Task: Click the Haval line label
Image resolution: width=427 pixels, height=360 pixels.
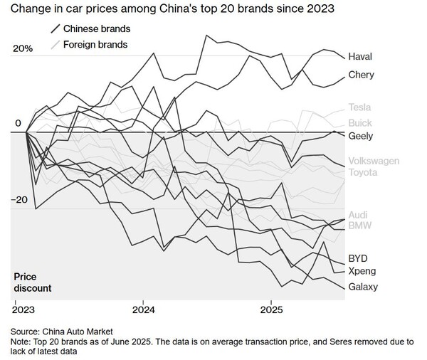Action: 360,56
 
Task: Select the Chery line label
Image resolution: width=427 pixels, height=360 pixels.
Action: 361,75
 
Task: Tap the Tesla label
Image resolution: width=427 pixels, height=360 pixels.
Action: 359,107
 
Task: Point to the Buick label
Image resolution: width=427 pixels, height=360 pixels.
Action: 359,123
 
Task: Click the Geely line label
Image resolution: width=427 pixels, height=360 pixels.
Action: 360,135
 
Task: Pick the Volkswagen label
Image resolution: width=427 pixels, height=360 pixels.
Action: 374,160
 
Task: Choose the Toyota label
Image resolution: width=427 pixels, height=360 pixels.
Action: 364,171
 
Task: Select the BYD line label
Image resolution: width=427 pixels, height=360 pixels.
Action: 358,258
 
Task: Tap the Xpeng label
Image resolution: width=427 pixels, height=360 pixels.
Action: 362,271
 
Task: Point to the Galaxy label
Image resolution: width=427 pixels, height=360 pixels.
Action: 362,287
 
